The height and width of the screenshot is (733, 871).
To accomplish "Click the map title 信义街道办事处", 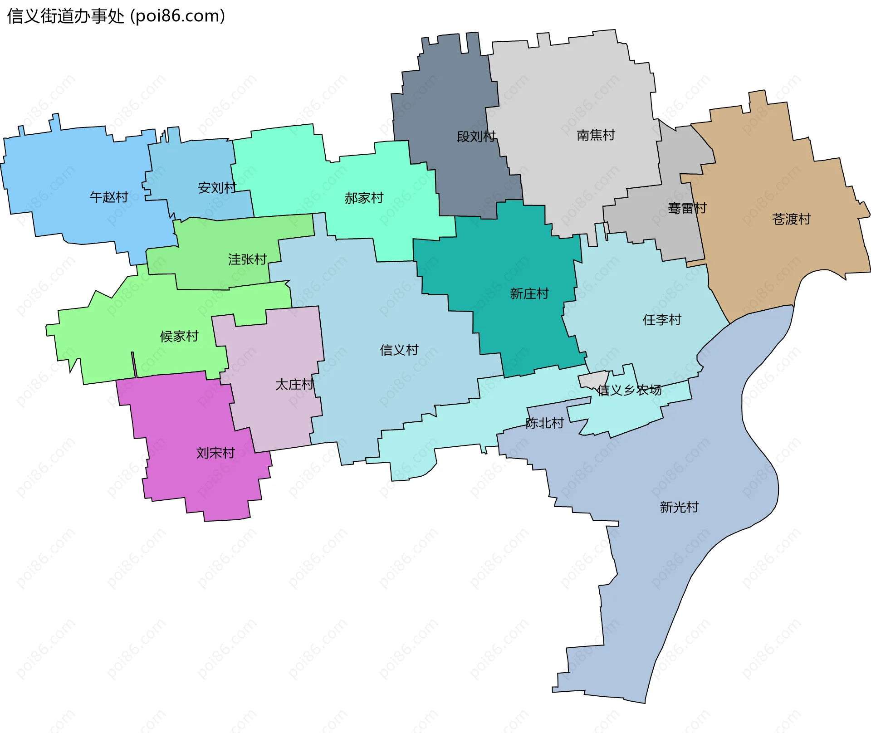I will pos(65,16).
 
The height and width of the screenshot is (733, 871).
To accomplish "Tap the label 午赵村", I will pos(109,197).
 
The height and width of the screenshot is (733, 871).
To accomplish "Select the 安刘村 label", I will pos(217,187).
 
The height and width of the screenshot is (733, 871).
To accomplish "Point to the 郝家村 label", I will pos(364,198).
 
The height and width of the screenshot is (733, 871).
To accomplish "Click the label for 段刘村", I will pos(476,136).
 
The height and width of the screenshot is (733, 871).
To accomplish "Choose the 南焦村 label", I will pos(596,135).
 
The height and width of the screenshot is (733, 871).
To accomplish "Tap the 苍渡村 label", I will pos(791,219).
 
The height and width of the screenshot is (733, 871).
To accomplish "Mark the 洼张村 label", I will pos(247,259).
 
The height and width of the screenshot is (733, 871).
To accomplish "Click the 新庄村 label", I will pos(529,293).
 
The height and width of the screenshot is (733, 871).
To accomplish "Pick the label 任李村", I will pos(662,320).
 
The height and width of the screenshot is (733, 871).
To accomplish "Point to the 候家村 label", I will pos(179,336).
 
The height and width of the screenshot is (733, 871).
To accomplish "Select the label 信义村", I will pos(399,350).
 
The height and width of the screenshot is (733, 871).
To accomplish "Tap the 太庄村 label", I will pos(294,384).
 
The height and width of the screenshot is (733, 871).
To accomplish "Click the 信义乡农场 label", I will pos(629,390).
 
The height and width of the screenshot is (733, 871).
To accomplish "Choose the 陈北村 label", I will pos(544,423).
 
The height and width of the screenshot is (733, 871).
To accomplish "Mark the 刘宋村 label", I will pos(215,453).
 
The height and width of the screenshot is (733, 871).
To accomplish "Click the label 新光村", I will pos(679,507).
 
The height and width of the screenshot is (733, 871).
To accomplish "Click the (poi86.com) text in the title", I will pos(177,16).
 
